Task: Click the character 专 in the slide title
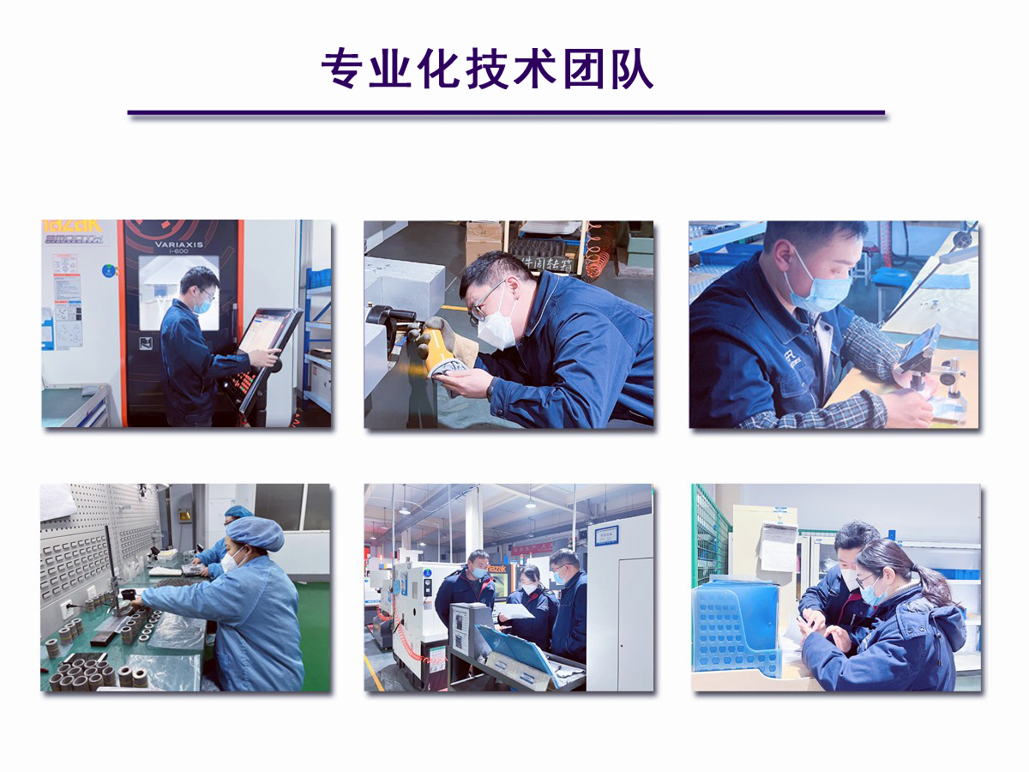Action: tap(340, 69)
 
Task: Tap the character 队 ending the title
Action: tap(634, 69)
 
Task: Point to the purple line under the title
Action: tap(506, 112)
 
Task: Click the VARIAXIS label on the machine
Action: tap(178, 244)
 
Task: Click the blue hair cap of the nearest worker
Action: tap(255, 533)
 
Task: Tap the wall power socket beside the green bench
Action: tap(66, 611)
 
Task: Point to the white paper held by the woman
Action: tap(515, 612)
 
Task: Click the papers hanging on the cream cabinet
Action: tap(778, 546)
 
